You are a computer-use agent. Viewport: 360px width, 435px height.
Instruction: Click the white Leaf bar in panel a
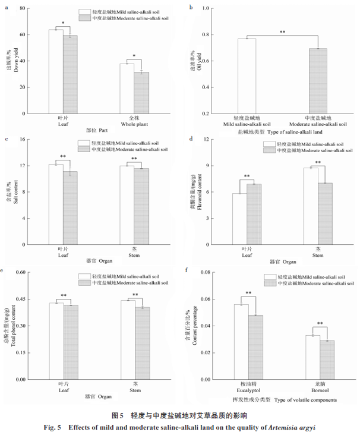[56, 71]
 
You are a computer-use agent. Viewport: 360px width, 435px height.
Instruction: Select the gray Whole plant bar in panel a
[141, 93]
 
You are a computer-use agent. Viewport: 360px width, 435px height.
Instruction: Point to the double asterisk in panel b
[282, 32]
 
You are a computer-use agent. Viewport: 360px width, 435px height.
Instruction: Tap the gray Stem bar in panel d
[325, 213]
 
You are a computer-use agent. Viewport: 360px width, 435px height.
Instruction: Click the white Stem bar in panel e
[128, 339]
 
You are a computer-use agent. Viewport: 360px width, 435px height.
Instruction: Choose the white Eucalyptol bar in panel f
[241, 342]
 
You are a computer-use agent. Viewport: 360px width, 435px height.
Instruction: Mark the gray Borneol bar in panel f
[327, 360]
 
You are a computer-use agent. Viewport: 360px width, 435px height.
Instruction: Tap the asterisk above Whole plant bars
[134, 56]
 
